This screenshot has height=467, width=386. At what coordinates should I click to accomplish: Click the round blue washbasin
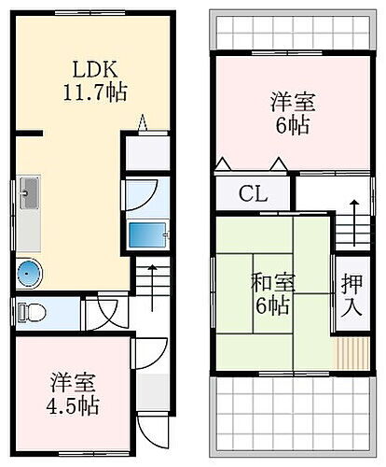(x=29, y=273)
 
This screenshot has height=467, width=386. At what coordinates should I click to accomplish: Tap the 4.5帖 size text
(x=76, y=407)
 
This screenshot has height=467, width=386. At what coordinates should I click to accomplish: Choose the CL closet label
(x=253, y=196)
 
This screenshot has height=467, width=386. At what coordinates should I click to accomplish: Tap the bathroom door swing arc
(x=143, y=193)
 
